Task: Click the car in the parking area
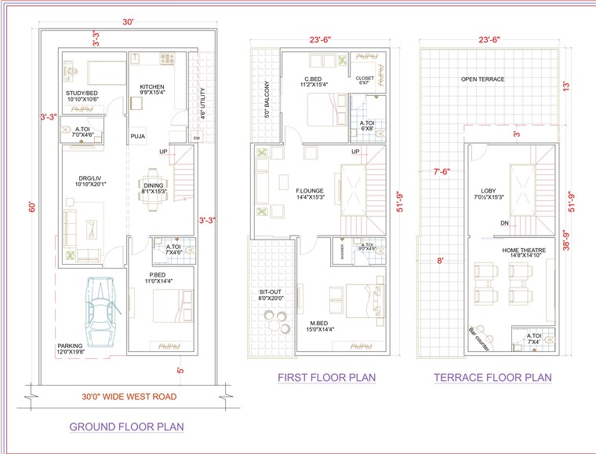click(x=102, y=312)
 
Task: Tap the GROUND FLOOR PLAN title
click(x=126, y=427)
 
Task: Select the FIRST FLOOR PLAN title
click(x=326, y=378)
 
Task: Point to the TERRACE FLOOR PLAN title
click(x=492, y=378)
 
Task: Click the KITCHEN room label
click(x=152, y=86)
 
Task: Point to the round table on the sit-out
click(x=275, y=318)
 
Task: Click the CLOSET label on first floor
click(x=365, y=79)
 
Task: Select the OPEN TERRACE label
click(x=482, y=79)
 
